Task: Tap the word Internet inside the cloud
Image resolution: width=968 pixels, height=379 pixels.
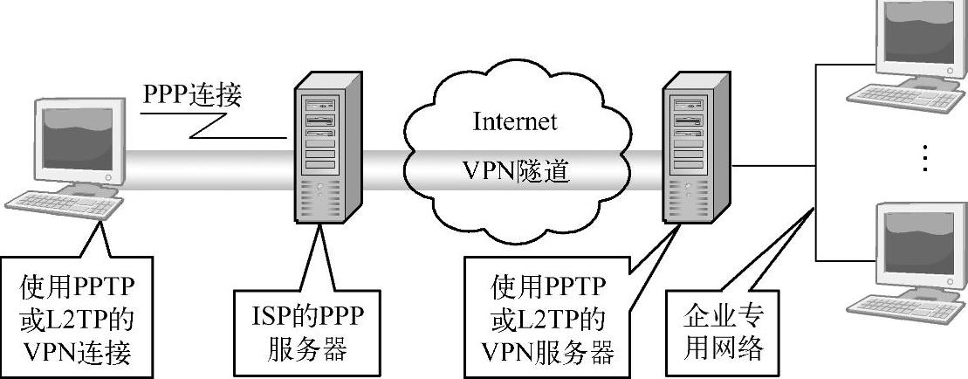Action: pos(514,121)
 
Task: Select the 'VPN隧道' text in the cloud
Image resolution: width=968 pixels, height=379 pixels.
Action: pos(514,171)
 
